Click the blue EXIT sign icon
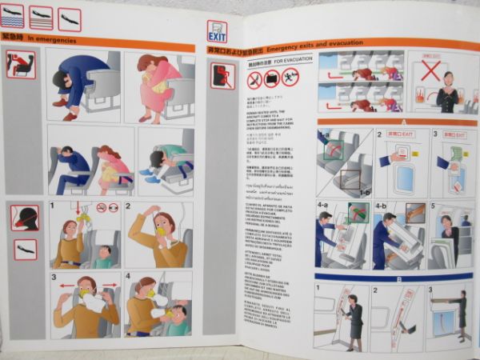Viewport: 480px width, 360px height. pos(216,31)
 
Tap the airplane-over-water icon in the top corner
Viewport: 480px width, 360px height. pos(13,16)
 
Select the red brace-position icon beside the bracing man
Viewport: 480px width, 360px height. pos(21,65)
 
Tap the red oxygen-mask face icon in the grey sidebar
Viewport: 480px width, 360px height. pos(25,218)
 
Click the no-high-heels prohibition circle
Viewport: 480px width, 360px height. pos(255,79)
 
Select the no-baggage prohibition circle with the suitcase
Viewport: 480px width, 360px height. pos(272,78)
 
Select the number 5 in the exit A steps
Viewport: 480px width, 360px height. pos(435,206)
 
